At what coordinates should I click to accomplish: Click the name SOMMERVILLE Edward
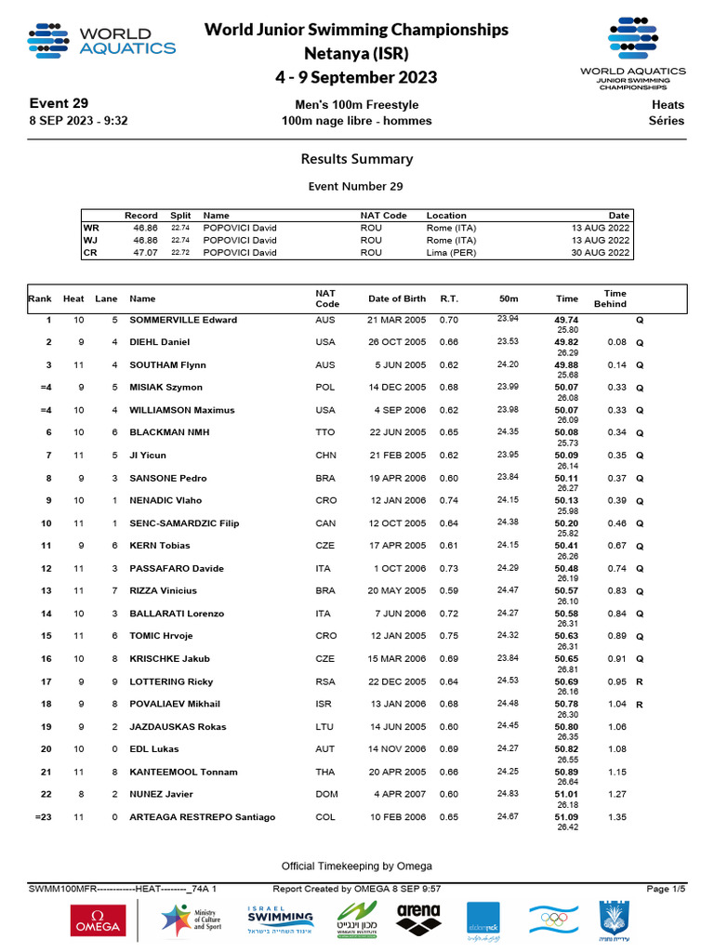point(183,320)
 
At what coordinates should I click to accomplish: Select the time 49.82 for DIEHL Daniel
point(566,342)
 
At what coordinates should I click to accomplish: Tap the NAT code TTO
point(324,432)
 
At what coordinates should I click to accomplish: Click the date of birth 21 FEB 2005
point(397,456)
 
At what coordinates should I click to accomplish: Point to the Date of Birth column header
point(397,298)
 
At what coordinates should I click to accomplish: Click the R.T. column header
point(449,298)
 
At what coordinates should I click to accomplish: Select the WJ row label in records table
point(91,240)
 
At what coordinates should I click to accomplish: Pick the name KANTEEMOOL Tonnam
point(183,772)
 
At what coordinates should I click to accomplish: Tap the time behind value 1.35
point(616,817)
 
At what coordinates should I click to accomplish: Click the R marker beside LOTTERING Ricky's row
point(639,681)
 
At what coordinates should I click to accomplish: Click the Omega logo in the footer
point(97,920)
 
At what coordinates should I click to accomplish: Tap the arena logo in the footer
point(418,919)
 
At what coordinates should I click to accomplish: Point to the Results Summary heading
point(357,159)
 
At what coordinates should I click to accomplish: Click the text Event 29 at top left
point(59,103)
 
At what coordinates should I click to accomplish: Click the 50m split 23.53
point(508,341)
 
